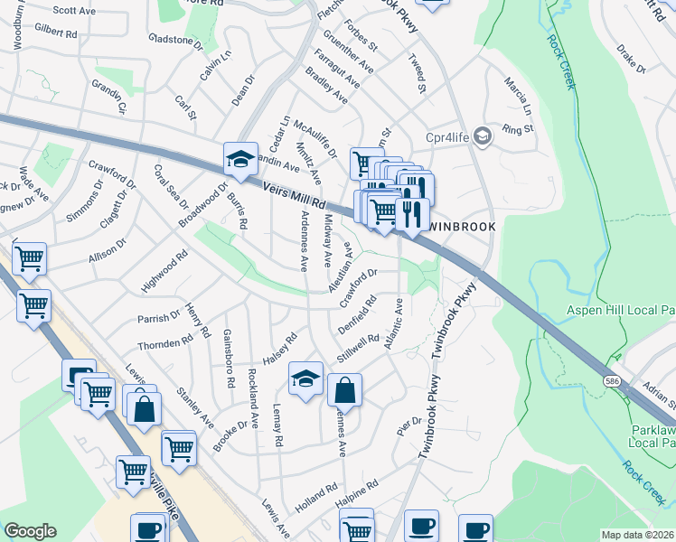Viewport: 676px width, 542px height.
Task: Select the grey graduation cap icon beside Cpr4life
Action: coord(482,135)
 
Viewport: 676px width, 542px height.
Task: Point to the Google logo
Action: coord(30,531)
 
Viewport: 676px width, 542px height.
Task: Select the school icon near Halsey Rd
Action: coord(306,378)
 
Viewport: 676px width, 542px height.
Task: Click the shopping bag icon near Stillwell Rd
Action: coord(345,390)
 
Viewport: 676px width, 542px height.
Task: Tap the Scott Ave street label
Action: coord(74,11)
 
